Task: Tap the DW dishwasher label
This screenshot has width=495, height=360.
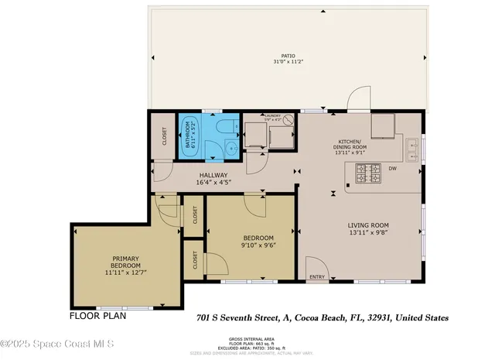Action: [x=393, y=168]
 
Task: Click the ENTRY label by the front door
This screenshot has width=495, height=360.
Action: [x=317, y=276]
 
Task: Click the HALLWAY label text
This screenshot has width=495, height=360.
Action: [x=213, y=175]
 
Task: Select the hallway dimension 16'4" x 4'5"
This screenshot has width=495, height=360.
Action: [x=213, y=183]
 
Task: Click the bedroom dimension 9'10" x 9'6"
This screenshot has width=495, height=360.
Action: [x=259, y=246]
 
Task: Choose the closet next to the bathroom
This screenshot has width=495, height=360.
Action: [x=164, y=136]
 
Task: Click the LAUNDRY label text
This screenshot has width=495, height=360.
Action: [x=269, y=115]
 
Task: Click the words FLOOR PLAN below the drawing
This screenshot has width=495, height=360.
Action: [x=97, y=316]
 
